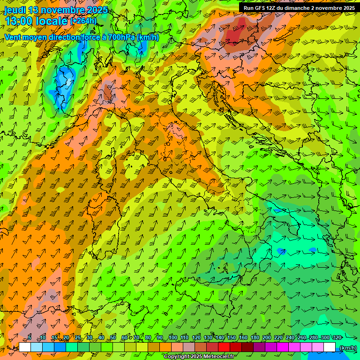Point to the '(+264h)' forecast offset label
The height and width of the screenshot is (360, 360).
tap(83, 21)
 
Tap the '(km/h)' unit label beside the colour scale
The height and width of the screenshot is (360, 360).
tap(347, 348)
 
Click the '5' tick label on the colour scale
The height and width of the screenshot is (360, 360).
tap(30, 337)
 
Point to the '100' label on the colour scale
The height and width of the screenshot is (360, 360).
tap(172, 337)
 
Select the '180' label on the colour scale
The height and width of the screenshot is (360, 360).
tap(255, 337)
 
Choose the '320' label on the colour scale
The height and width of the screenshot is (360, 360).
tap(337, 337)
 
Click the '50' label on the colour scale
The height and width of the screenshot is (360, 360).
tap(113, 337)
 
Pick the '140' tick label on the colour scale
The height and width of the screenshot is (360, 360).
tap(219, 337)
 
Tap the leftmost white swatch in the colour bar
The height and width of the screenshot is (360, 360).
tap(25, 347)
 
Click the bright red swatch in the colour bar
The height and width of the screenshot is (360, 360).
tap(224, 347)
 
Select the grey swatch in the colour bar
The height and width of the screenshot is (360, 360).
tap(189, 347)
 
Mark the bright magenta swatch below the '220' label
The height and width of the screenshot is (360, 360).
tap(283, 347)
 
